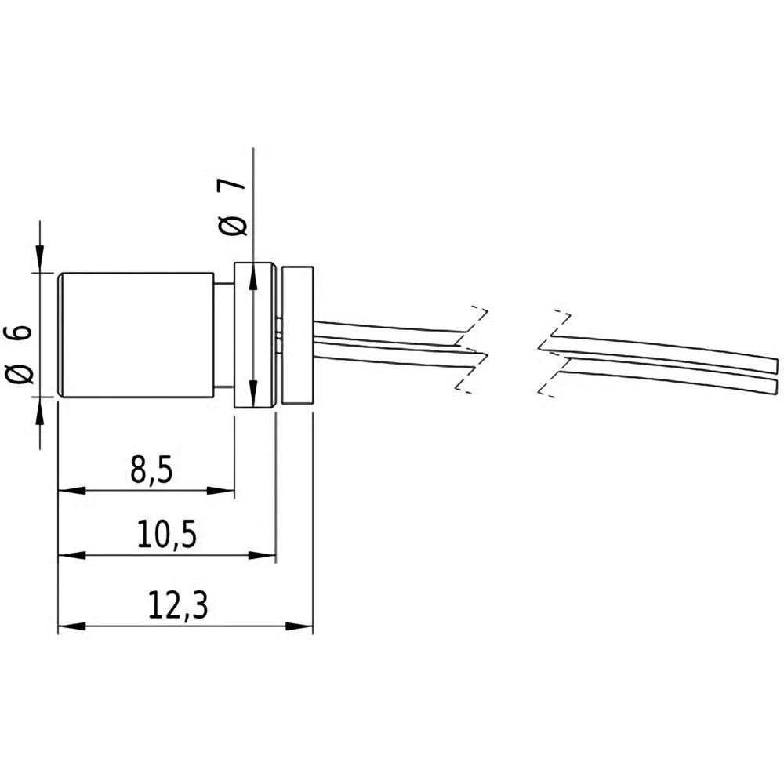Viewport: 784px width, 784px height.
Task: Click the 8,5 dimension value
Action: click(x=148, y=470)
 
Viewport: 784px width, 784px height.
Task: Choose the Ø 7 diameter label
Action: click(x=234, y=206)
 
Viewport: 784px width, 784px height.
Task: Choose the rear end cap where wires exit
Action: click(x=297, y=336)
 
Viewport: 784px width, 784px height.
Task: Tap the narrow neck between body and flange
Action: click(x=224, y=336)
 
